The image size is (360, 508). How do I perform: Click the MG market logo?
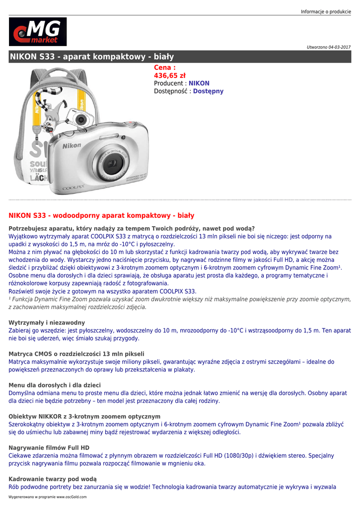tap(37, 32)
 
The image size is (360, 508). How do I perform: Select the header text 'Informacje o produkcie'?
tap(326, 11)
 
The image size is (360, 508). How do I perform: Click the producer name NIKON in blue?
tap(199, 83)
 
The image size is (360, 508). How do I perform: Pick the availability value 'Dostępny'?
tap(208, 91)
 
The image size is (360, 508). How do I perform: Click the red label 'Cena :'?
tap(165, 67)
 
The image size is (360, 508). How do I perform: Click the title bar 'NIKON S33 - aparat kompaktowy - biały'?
tap(92, 57)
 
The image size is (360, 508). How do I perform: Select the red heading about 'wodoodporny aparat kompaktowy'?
tap(101, 215)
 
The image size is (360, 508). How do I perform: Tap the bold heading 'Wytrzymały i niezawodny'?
tap(47, 322)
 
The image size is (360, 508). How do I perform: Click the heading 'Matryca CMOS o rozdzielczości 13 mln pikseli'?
tap(76, 354)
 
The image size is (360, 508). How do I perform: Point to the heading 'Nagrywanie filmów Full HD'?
tap(49, 447)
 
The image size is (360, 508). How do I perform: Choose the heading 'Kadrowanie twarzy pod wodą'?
tap(53, 479)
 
